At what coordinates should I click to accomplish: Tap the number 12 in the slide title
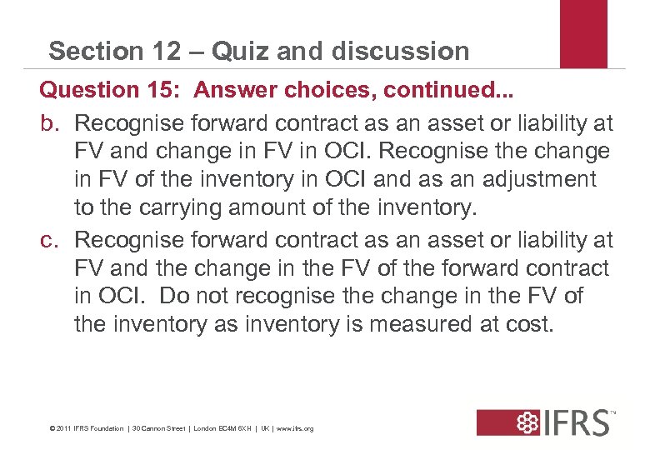pos(164,51)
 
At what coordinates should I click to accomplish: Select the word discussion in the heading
pos(400,51)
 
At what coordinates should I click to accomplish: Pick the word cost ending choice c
pos(527,323)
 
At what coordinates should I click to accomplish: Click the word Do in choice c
pos(174,296)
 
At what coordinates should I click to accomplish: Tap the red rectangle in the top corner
pos(583,33)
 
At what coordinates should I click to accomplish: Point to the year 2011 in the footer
pos(63,428)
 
